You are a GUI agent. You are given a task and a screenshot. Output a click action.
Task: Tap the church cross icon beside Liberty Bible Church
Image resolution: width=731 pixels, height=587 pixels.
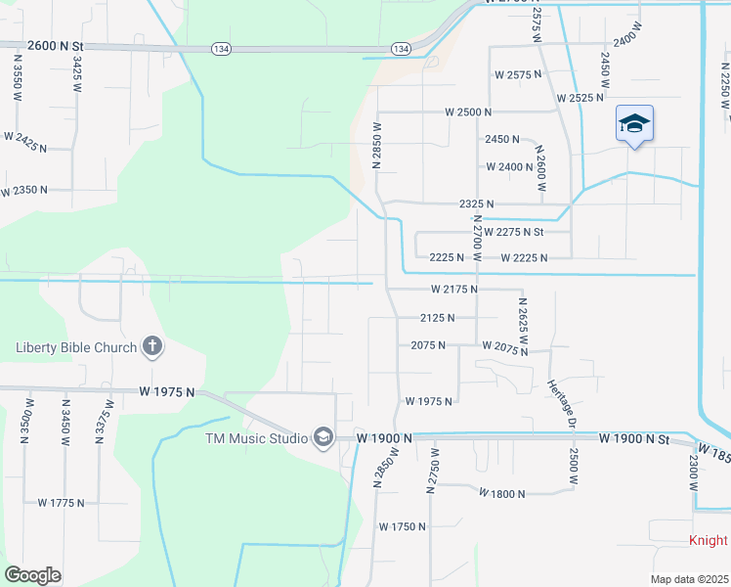tap(151, 345)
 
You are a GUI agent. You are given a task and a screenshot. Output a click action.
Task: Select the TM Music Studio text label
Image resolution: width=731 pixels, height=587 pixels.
tap(256, 437)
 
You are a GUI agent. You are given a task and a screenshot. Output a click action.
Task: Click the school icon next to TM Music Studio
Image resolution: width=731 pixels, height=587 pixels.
tap(322, 437)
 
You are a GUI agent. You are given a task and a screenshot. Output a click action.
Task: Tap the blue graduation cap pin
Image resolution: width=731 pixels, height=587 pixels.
tap(634, 124)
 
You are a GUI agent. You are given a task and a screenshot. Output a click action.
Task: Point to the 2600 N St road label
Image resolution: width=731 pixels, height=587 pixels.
tap(58, 45)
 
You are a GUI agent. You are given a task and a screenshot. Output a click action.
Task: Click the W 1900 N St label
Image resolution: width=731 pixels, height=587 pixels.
tap(634, 439)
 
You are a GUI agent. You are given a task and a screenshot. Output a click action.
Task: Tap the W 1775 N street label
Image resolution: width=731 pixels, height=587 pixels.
tap(61, 503)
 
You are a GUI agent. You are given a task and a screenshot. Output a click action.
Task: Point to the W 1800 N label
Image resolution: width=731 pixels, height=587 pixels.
tap(502, 494)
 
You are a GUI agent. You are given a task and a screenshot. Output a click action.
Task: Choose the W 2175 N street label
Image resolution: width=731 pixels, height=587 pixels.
tap(453, 290)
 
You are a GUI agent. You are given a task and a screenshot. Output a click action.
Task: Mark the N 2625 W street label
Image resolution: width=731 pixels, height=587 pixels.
tap(523, 326)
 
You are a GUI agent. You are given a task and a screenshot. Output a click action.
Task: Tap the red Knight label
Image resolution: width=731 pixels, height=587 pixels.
tap(709, 541)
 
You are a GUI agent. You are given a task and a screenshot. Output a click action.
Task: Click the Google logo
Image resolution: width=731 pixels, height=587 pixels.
tap(32, 575)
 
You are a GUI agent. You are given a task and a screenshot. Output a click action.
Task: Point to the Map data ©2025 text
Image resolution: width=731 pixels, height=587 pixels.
tap(687, 579)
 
